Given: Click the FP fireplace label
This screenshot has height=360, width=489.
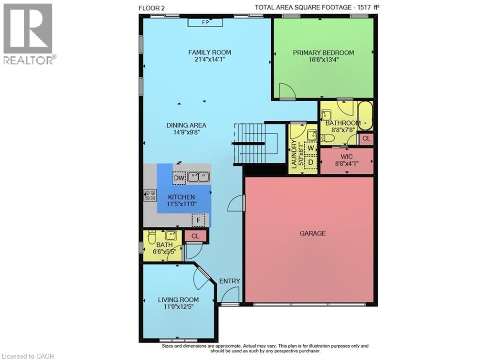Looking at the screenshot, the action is [205, 22].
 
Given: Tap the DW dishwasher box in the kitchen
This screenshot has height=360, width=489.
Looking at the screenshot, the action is [180, 178].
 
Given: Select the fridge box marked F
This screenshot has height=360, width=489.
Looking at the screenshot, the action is [198, 221].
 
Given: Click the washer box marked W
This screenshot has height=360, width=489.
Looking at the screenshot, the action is [310, 148].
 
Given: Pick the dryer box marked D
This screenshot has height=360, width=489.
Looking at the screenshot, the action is [310, 162].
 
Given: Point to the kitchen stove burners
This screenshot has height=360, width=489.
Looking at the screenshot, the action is [150, 195].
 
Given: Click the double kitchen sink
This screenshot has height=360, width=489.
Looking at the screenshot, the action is [198, 177].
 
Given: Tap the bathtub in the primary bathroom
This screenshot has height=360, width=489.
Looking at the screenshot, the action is [365, 116].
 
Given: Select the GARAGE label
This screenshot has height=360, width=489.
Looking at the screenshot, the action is [312, 233].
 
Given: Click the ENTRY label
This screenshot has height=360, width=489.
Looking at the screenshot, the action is [230, 281].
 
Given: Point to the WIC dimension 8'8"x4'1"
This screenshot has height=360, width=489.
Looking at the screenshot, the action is [347, 163].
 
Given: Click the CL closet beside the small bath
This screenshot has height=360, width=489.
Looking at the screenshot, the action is [195, 236].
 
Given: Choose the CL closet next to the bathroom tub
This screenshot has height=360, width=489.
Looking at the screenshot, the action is [366, 138].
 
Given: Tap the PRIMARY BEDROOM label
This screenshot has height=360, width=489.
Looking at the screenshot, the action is [323, 53].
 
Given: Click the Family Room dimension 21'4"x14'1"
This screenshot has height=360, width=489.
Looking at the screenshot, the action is [210, 59].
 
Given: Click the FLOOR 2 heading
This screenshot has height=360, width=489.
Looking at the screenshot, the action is [151, 8].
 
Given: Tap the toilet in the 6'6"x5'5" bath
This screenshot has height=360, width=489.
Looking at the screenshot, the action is [151, 237].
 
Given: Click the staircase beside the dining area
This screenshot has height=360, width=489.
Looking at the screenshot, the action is [255, 143].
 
